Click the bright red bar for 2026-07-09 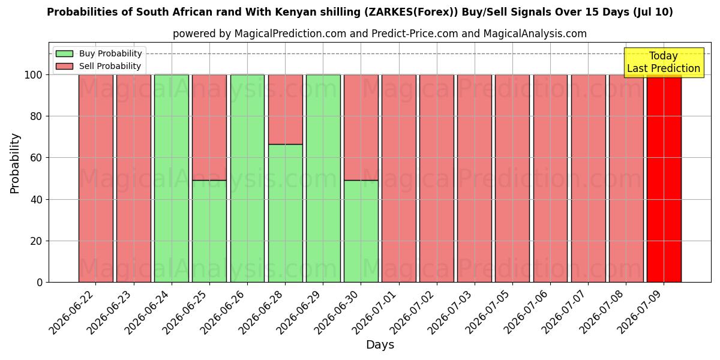664,179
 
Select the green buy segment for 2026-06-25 209,232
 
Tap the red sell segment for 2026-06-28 286,110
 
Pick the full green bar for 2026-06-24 172,179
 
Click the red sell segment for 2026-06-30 361,128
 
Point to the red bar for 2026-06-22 96,179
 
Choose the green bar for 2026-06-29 323,179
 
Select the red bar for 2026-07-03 475,179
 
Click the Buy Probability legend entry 98,53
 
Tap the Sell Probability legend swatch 64,66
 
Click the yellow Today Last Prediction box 664,62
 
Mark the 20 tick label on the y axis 37,241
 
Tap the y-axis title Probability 14,164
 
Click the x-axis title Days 380,345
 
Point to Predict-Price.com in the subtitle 415,34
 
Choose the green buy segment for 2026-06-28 286,214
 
